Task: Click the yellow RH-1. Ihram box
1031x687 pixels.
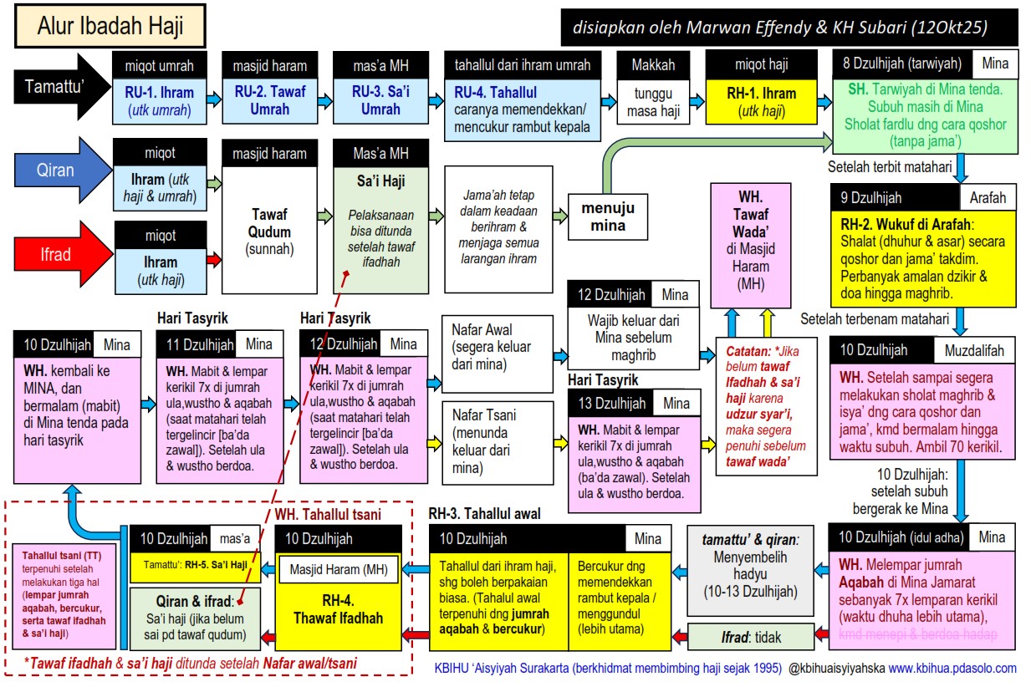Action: pos(762,101)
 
